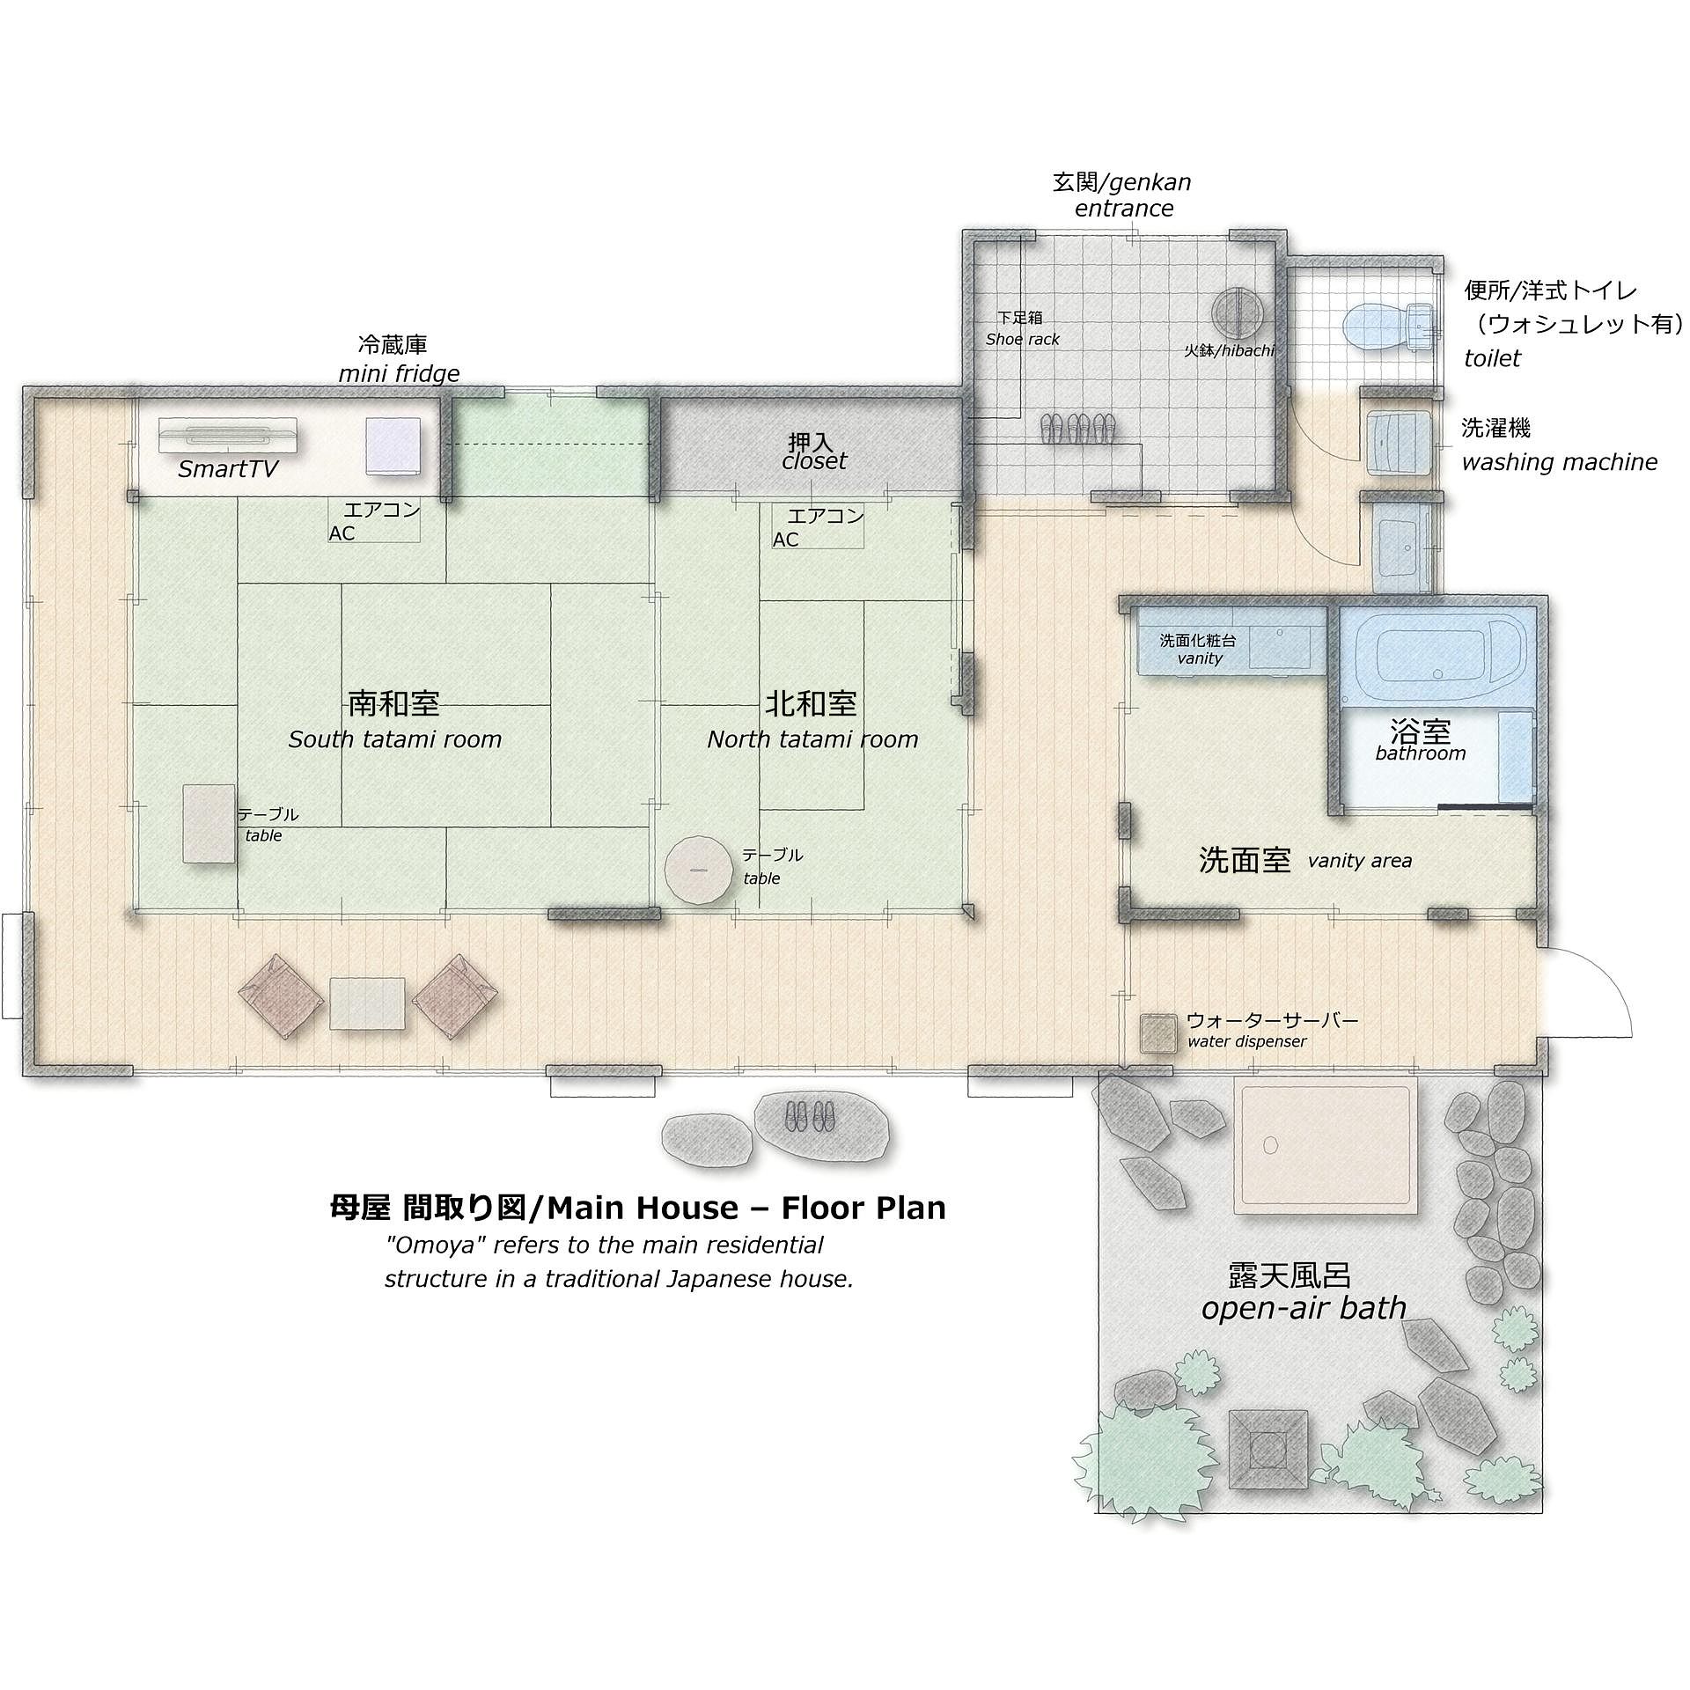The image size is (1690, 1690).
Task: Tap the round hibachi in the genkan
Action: point(1237,313)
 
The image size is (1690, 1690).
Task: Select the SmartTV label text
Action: point(228,468)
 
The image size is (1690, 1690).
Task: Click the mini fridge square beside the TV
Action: point(393,446)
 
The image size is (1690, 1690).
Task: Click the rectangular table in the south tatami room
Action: point(209,824)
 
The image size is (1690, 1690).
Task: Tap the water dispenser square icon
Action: point(1158,1033)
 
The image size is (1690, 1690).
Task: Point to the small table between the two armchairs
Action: point(367,1003)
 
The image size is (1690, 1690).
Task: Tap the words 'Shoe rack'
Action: point(1022,339)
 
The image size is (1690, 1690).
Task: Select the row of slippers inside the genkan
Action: point(1077,429)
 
